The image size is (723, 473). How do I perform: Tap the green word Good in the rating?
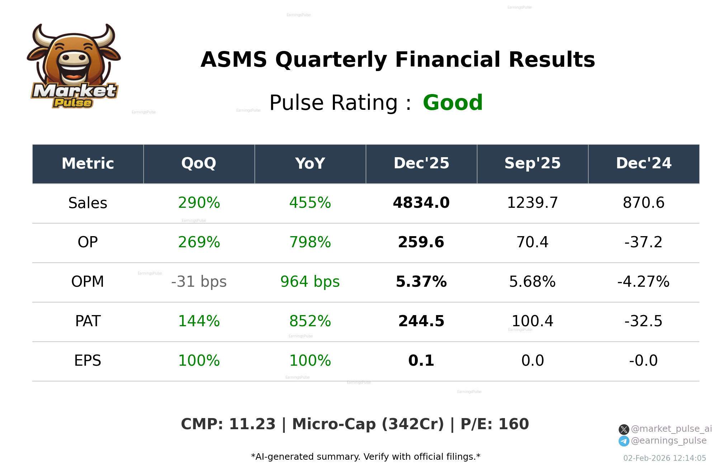(x=453, y=103)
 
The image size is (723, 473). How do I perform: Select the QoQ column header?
(x=199, y=164)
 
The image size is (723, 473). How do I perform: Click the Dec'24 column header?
(x=643, y=164)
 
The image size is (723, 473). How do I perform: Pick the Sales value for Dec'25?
(x=421, y=203)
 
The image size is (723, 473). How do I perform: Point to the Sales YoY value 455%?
(x=310, y=203)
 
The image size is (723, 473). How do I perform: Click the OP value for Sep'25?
(x=532, y=242)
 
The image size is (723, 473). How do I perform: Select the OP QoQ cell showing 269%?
(x=199, y=242)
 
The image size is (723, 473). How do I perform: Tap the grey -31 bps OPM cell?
(x=199, y=282)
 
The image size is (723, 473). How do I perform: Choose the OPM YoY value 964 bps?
(x=310, y=282)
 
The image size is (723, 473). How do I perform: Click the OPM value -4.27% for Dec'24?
(x=643, y=282)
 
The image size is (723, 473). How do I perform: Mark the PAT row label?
(x=88, y=321)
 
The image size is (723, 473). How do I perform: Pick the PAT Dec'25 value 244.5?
(x=421, y=321)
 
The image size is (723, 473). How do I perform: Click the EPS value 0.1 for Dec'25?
(x=421, y=361)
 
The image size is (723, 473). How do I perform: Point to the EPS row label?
(x=88, y=361)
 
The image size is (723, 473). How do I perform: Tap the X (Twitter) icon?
(x=624, y=429)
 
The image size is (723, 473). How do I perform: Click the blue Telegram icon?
(x=624, y=441)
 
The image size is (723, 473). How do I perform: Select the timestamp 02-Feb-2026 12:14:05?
(x=665, y=458)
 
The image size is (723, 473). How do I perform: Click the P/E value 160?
(x=514, y=424)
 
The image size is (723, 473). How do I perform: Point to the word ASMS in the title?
(x=234, y=60)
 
